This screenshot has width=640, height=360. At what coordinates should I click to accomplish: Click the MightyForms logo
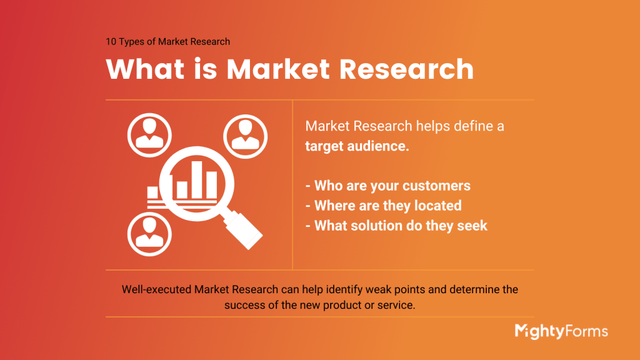tap(561, 331)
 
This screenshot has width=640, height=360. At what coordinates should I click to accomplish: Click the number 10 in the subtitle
tap(111, 42)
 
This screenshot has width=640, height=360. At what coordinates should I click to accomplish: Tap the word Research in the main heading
tap(402, 69)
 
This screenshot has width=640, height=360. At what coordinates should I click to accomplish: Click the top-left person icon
tap(149, 132)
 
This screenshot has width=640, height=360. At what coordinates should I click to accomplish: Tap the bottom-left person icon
tap(149, 231)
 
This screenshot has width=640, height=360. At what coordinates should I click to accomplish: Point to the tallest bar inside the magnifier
tap(198, 178)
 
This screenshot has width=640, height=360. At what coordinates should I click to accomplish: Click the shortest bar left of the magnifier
tap(152, 191)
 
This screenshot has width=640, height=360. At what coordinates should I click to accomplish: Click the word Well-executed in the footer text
tap(156, 290)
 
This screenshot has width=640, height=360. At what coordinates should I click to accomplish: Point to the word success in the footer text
tap(245, 306)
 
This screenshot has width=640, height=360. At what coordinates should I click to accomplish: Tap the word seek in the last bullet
tap(472, 226)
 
